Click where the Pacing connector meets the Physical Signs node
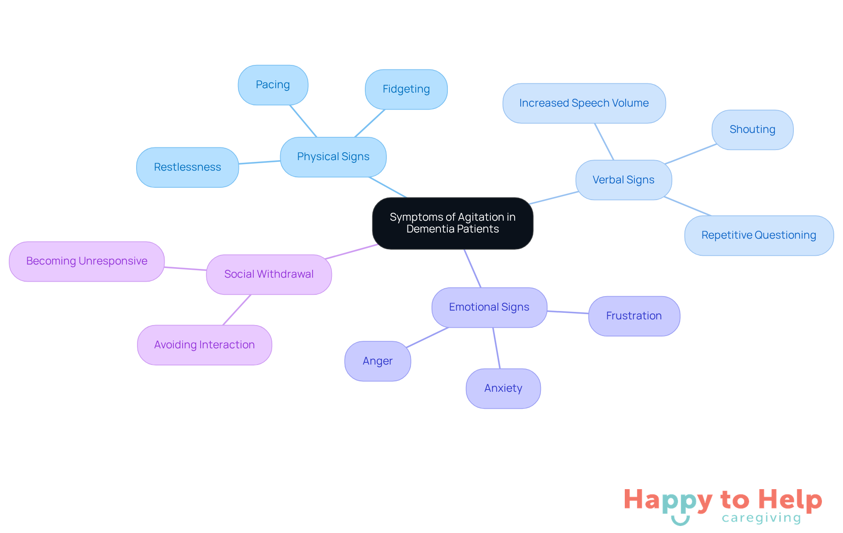coord(317,137)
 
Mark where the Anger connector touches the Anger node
coord(407,348)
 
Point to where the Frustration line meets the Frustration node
coord(589,314)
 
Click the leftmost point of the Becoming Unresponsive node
coord(9,261)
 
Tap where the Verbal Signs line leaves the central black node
coord(530,204)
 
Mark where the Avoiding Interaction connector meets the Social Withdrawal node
coord(251,294)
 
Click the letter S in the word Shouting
coord(733,129)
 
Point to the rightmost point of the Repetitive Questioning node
coord(834,236)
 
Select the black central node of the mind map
coord(453,223)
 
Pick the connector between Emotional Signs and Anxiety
coord(497,348)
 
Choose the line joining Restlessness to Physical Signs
coord(259,162)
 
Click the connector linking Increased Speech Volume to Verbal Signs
coord(604,142)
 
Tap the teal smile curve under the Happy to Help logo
coord(681,520)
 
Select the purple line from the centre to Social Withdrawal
coord(351,251)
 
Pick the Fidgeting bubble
coord(406,89)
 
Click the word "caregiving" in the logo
coord(761,518)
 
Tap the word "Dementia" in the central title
coord(430,229)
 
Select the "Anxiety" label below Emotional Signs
coord(503,388)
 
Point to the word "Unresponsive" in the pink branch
coord(113,261)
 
